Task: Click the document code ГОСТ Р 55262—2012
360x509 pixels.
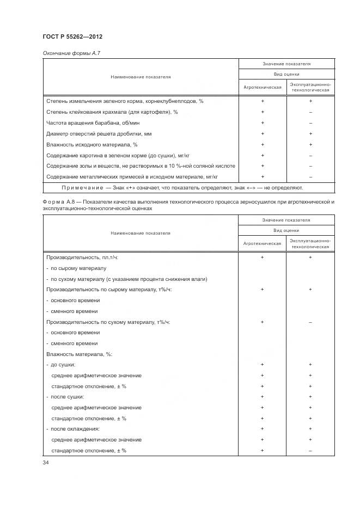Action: pos(72,36)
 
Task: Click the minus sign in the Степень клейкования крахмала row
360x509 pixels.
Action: pos(310,112)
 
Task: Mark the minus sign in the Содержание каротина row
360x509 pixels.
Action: pos(310,155)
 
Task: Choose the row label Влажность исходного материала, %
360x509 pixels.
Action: pos(91,144)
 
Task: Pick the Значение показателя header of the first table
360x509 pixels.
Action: pos(286,64)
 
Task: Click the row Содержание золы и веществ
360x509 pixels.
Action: pos(141,165)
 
